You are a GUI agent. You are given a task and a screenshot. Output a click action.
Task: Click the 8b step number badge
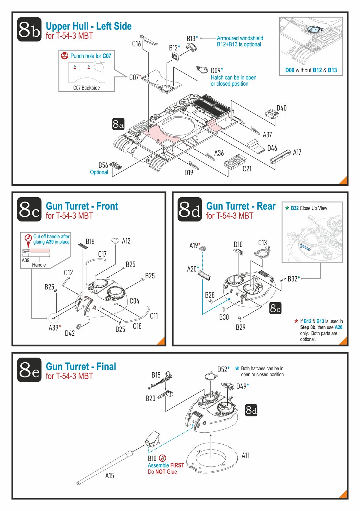[x=29, y=29]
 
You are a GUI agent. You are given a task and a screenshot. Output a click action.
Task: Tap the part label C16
[x=136, y=44]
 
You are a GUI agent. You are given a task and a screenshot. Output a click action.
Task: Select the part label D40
[x=281, y=108]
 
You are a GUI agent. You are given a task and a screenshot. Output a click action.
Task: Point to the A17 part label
[x=297, y=153]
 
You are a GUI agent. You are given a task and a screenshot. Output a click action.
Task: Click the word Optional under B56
[x=99, y=172]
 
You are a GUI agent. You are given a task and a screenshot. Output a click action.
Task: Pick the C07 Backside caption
[x=86, y=88]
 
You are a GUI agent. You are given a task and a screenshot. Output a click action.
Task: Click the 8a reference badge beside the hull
[x=118, y=124]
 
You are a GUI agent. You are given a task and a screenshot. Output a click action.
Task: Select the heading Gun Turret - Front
[x=82, y=206]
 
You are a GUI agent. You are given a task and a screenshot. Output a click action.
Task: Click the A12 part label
[x=126, y=241]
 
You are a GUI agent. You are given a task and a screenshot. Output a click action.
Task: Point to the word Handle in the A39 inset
[x=39, y=265]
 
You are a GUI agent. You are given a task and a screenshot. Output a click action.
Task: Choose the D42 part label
[x=70, y=333]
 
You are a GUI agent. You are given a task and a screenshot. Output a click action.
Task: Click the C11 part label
[x=154, y=316]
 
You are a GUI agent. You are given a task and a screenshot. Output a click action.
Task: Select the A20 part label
[x=192, y=269]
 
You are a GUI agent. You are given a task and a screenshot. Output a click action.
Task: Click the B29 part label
[x=241, y=327]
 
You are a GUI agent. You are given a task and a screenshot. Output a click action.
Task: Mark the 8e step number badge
[x=29, y=370]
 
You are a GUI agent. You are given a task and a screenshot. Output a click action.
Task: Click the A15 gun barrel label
[x=109, y=476]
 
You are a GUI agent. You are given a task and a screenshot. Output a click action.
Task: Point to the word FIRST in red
[x=177, y=465]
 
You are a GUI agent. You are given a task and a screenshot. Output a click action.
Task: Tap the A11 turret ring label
[x=245, y=456]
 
